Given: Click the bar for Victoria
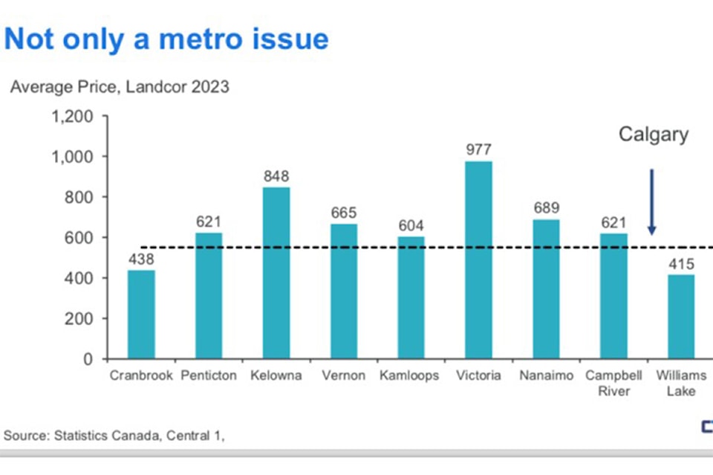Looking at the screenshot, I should pos(478,260).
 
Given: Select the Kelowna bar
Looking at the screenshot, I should pos(276,273).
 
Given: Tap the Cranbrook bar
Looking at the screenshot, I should pos(141,314).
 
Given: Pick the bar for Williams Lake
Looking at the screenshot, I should pos(680,317).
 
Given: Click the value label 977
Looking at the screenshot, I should pos(478,149).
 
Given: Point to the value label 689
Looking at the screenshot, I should pos(546,207).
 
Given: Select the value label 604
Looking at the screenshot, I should pos(411,225).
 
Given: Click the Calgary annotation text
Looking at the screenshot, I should pos(654,135).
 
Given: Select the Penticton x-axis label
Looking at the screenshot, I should pos(209,375).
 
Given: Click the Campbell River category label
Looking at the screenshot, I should pos(613,383).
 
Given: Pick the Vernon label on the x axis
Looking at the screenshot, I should pos(343,375).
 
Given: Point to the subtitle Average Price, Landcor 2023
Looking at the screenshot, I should pos(120,87).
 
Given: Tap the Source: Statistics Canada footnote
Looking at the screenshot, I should pos(114,436).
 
